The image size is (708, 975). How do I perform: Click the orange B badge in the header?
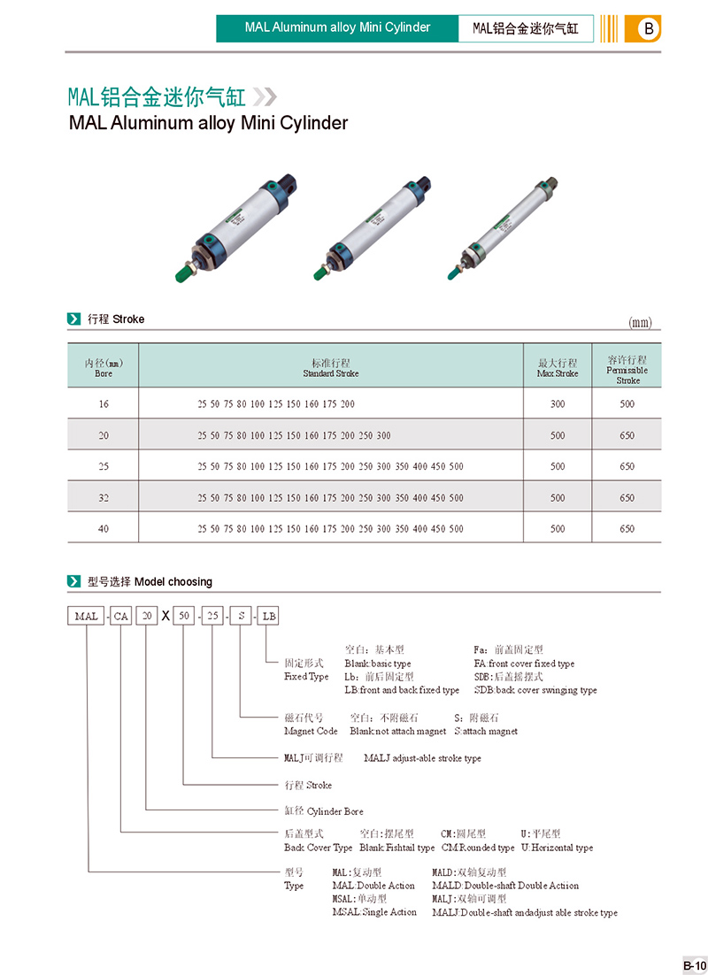pos(648,29)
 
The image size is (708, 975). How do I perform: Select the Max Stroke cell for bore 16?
pos(558,404)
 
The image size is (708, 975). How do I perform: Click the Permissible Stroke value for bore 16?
pos(627,404)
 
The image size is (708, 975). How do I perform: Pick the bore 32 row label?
pos(104,498)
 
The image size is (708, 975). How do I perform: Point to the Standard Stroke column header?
pos(331,368)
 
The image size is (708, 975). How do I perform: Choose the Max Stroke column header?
pos(558,368)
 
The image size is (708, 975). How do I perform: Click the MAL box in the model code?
pos(86,616)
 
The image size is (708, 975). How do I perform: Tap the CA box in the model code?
pos(121,616)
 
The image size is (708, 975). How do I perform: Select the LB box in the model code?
pos(268,616)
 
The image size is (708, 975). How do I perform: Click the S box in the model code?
pos(240,616)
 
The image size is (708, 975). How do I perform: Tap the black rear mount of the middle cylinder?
pos(424,187)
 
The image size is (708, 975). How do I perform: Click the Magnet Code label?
pos(311,731)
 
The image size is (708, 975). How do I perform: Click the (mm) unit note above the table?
pos(640,323)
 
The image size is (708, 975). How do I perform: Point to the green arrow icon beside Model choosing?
pos(74,581)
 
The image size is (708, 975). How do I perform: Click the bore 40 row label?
pos(104,529)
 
